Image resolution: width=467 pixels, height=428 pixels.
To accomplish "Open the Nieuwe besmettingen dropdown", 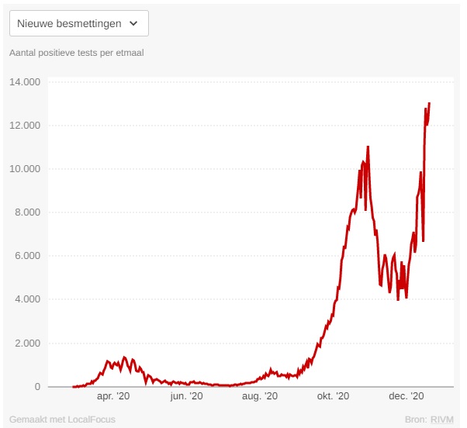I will [78, 23].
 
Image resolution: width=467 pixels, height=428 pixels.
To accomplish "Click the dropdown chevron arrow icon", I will [133, 23].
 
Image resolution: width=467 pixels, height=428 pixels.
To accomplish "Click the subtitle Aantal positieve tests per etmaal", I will [76, 53].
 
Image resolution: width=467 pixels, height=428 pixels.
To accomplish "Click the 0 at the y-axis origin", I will [38, 386].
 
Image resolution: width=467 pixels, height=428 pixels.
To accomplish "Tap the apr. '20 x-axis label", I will [114, 396].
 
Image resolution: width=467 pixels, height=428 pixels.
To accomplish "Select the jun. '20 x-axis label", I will [186, 396].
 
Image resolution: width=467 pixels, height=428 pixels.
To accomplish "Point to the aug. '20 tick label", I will [260, 396].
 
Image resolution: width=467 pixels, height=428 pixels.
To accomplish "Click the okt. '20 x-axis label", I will [334, 396].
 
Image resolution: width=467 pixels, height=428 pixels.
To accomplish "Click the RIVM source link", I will [442, 419].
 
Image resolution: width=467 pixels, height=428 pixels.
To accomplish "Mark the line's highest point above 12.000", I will [430, 103].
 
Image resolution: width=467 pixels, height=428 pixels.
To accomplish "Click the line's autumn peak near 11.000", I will [368, 147].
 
